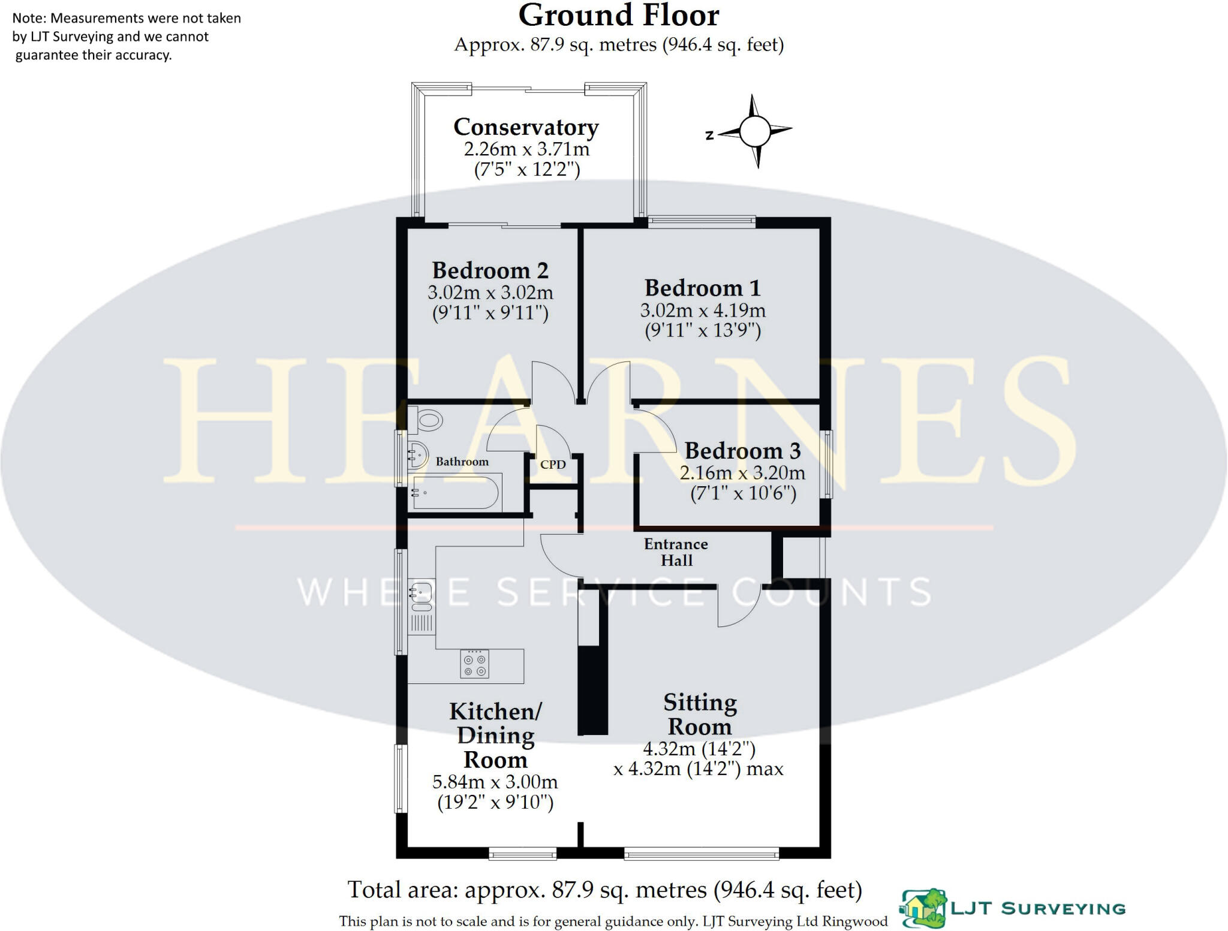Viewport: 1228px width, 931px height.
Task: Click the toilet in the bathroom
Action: [427, 420]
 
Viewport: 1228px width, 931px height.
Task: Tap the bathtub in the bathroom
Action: [456, 492]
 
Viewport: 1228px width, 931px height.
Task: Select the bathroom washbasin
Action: [417, 454]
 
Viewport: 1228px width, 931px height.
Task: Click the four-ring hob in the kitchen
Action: [474, 664]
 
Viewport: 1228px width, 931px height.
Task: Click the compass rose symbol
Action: [754, 131]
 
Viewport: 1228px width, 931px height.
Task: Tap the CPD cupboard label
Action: [553, 465]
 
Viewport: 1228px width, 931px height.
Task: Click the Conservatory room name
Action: [526, 127]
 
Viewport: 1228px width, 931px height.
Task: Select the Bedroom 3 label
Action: [742, 451]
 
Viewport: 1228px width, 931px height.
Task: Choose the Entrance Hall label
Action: [676, 552]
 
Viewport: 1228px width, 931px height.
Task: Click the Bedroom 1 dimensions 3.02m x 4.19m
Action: [703, 311]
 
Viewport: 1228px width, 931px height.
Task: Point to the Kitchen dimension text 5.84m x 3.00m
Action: [495, 782]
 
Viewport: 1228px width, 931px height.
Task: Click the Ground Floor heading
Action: [619, 16]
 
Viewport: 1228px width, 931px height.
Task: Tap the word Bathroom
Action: [462, 462]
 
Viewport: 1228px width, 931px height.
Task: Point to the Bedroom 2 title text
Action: [490, 271]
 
